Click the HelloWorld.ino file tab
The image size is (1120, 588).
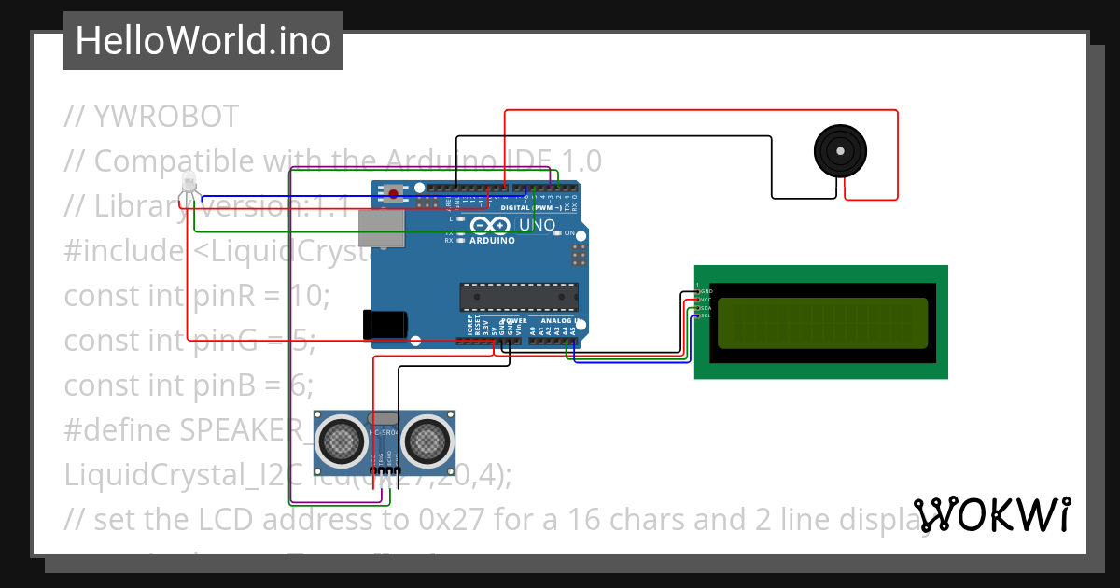click(x=203, y=41)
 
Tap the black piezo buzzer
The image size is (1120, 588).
click(x=840, y=150)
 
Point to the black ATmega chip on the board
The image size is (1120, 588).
click(x=518, y=296)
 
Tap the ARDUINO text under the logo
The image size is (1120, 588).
click(x=491, y=240)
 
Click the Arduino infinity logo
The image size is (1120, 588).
click(x=491, y=225)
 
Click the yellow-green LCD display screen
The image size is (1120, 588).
click(x=822, y=322)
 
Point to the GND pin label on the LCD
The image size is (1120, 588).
click(x=707, y=291)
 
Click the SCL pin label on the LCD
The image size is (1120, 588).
click(x=706, y=315)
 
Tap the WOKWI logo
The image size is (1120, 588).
click(x=991, y=514)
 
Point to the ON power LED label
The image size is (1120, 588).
click(x=568, y=233)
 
